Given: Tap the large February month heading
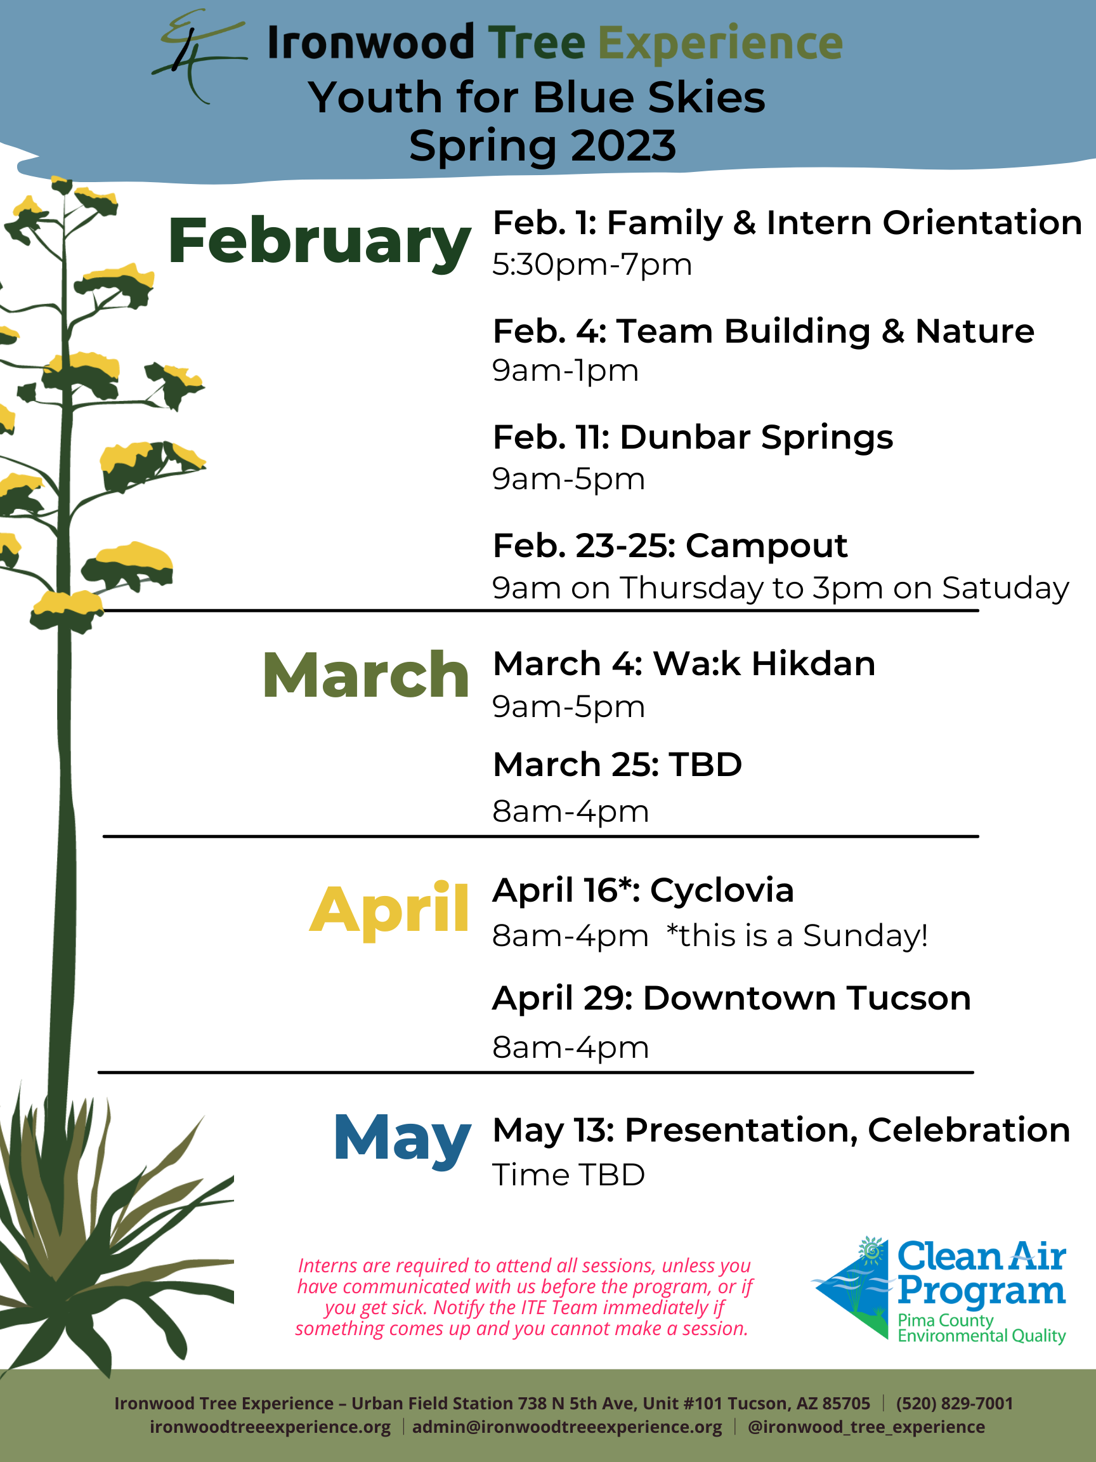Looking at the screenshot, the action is pyautogui.click(x=319, y=242).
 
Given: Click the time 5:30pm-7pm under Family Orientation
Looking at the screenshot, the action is pyautogui.click(x=592, y=265).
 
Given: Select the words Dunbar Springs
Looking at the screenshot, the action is pyautogui.click(x=756, y=438).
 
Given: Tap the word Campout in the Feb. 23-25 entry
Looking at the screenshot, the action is pyautogui.click(x=766, y=546).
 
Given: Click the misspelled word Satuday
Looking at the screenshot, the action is pyautogui.click(x=1005, y=588).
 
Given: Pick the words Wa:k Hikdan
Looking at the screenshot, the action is pyautogui.click(x=764, y=664).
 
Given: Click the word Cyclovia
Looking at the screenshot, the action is pyautogui.click(x=721, y=890).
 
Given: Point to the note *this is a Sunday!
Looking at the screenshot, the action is pyautogui.click(x=797, y=936).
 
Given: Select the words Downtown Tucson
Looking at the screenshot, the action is pyautogui.click(x=807, y=998).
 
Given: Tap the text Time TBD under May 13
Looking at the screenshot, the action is pyautogui.click(x=568, y=1175).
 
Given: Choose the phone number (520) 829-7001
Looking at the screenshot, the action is pyautogui.click(x=954, y=1403).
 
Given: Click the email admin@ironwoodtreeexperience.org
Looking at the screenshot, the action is pyautogui.click(x=567, y=1427).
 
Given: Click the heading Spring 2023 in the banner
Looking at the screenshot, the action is pyautogui.click(x=542, y=146).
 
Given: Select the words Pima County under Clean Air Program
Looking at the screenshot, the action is pyautogui.click(x=946, y=1320).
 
